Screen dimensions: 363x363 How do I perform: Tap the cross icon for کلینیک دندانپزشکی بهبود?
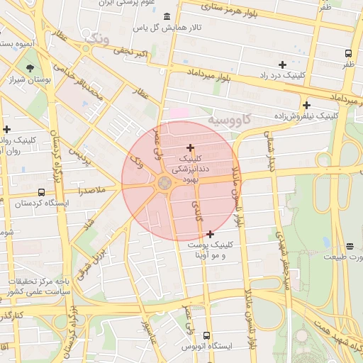tap(191, 147)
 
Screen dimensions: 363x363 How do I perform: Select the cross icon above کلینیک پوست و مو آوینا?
tap(210, 233)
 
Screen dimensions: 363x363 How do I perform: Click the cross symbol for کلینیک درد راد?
tap(282, 65)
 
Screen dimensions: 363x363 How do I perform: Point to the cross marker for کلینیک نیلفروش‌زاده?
tap(306, 105)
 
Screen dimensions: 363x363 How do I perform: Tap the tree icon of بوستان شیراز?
tap(30, 69)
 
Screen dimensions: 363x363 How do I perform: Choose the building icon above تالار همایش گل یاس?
tap(167, 16)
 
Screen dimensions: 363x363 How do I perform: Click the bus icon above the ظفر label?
tap(348, 53)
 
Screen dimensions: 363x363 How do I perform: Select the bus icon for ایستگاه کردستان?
tap(41, 192)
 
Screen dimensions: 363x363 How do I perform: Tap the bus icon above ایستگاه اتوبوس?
tap(206, 335)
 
